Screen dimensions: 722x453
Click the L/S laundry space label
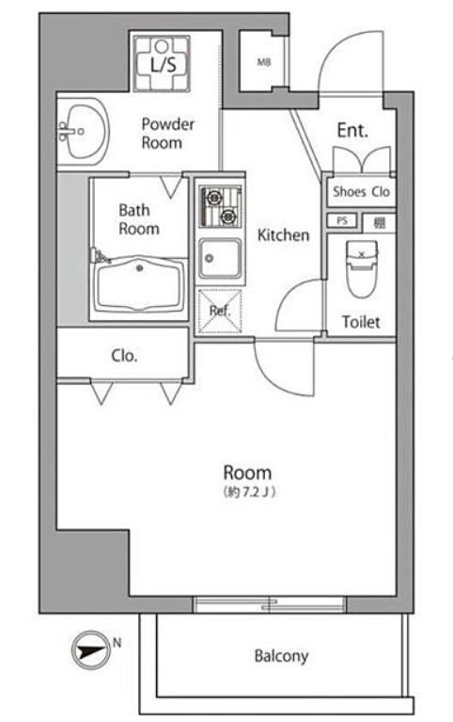(x=161, y=64)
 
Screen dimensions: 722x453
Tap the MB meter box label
(x=262, y=63)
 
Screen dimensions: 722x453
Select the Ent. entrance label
(x=352, y=130)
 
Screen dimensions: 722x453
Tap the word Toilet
(x=361, y=321)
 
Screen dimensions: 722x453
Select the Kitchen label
(x=283, y=235)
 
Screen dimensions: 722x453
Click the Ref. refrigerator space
(x=220, y=311)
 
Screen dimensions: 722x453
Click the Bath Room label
(x=138, y=219)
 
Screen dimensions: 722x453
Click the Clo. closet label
(x=124, y=356)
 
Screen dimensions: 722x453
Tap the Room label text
(x=247, y=473)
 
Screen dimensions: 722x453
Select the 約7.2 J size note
(x=248, y=492)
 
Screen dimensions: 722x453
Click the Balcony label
(x=281, y=656)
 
